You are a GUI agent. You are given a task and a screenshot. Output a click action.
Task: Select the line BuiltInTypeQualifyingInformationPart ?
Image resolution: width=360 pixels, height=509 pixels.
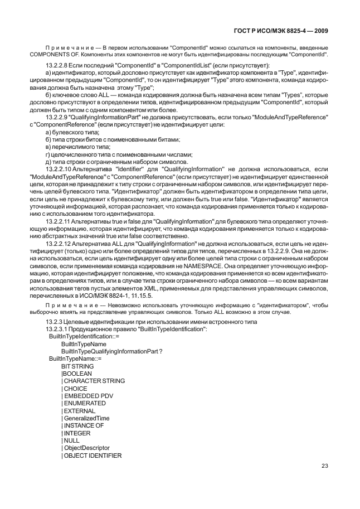click(111, 352)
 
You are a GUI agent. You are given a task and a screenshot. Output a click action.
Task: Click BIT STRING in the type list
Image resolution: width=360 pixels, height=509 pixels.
click(77, 366)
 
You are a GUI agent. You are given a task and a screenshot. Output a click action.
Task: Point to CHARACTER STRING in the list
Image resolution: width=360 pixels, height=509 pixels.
click(94, 381)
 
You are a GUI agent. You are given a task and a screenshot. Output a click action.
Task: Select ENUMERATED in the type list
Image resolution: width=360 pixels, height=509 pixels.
click(85, 403)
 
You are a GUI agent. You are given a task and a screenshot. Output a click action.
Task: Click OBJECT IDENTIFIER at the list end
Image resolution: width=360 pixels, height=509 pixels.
click(90, 455)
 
